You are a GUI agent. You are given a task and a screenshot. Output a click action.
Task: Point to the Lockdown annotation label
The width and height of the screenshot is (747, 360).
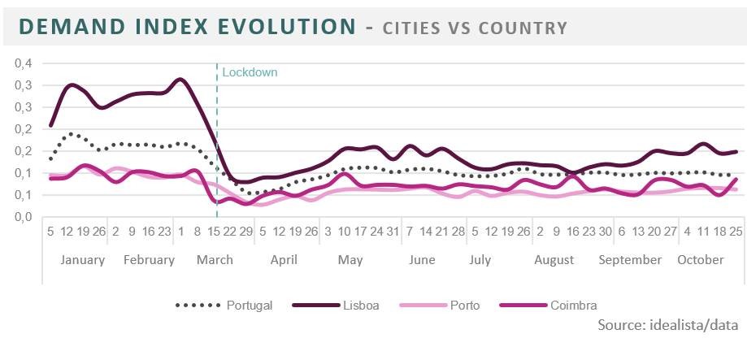tap(250, 72)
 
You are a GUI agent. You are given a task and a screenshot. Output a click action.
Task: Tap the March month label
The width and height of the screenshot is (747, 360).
tap(215, 260)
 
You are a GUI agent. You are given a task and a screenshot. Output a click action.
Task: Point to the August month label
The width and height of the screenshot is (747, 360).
tap(554, 260)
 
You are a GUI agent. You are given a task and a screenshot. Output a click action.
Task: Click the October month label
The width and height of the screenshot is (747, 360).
tap(701, 260)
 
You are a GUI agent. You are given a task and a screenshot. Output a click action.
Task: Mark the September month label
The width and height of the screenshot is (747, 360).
tap(630, 260)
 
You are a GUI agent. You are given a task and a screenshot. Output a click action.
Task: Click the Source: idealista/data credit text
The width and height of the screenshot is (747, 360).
tap(667, 325)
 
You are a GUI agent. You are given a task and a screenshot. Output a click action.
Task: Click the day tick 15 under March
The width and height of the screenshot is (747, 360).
tap(215, 232)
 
